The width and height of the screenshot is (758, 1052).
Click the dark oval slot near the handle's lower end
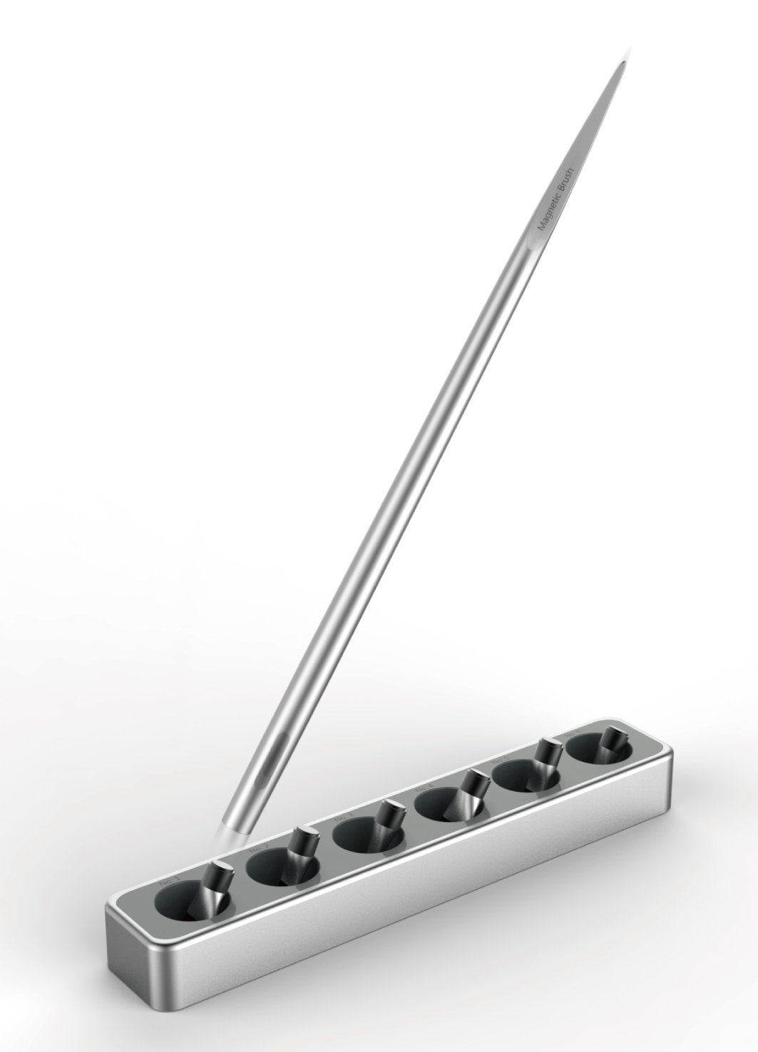click(x=265, y=767)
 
